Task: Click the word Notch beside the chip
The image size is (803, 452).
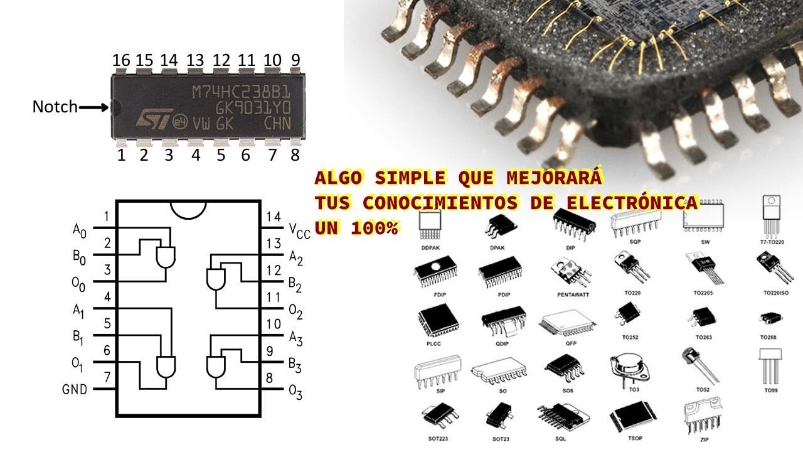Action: pos(55,107)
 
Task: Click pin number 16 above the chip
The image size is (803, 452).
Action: pos(121,60)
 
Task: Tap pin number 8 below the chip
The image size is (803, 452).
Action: pos(295,155)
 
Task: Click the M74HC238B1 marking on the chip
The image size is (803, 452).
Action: pos(241,92)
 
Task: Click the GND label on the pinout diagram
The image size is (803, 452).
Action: pos(75,390)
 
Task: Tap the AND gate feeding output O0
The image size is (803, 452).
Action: pos(166,256)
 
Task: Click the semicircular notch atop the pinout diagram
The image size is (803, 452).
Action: pos(188,209)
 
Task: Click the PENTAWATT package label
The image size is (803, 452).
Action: pos(573,294)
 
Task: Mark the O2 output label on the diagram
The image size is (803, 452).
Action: pos(295,312)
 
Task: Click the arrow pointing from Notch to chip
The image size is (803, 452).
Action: pos(94,107)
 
